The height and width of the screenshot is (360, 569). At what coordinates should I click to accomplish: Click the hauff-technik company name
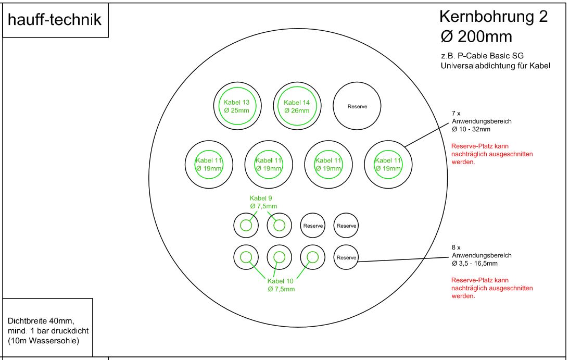(55, 20)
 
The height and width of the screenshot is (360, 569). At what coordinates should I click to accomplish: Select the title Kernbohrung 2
(493, 17)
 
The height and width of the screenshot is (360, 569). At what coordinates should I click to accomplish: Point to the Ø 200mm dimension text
(476, 36)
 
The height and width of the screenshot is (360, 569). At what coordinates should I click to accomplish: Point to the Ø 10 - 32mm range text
(471, 129)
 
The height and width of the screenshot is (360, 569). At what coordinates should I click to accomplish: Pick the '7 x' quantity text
(456, 114)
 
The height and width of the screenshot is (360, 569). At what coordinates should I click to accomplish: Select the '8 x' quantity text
(456, 247)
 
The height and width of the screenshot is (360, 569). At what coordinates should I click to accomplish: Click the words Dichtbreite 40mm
(41, 321)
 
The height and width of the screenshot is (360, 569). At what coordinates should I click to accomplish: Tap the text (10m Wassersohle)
(44, 341)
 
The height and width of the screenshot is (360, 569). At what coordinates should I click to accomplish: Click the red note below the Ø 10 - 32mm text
(492, 154)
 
